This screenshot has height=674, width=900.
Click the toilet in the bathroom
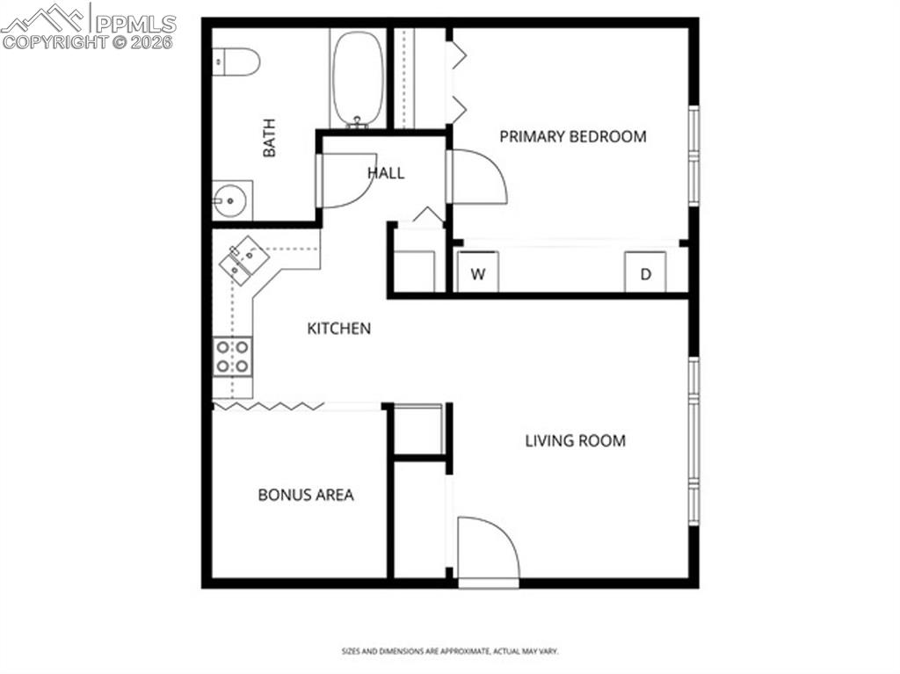click(x=237, y=61)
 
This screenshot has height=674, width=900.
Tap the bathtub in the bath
click(x=358, y=78)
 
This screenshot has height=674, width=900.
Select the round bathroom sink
click(x=231, y=201)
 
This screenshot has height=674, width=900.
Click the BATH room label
click(x=269, y=138)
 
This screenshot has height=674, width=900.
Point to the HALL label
click(x=386, y=173)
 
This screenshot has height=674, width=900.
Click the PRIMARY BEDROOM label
click(x=573, y=136)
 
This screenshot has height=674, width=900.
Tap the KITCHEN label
click(x=338, y=329)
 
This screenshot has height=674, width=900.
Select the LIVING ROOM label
click(x=576, y=440)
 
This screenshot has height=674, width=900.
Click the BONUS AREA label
click(x=306, y=495)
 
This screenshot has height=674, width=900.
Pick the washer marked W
click(x=478, y=273)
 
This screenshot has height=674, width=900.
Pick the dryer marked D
click(x=645, y=273)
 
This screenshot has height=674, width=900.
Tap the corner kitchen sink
click(x=243, y=260)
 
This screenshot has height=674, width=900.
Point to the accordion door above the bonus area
click(x=265, y=405)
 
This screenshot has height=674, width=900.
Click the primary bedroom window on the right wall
click(x=693, y=156)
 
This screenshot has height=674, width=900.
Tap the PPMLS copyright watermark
click(x=89, y=26)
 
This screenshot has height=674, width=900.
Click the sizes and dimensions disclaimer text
click(x=450, y=651)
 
